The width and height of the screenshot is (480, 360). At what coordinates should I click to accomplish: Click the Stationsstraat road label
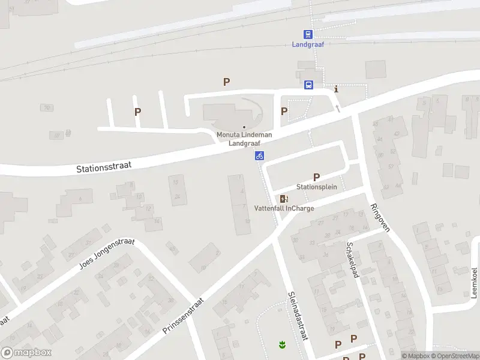pyautogui.click(x=104, y=166)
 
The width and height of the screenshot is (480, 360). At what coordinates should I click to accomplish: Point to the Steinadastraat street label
pyautogui.click(x=298, y=316)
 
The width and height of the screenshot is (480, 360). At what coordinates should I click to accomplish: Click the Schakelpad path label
pyautogui.click(x=352, y=260)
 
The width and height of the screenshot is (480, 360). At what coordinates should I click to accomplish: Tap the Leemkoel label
pyautogui.click(x=474, y=283)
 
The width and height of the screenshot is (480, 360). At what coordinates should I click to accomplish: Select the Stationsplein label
pyautogui.click(x=317, y=187)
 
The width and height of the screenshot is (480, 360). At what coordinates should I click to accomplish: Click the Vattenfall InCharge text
pyautogui.click(x=284, y=208)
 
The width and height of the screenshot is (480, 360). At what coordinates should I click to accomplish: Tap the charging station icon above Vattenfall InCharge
pyautogui.click(x=284, y=199)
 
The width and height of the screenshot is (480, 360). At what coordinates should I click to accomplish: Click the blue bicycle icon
pyautogui.click(x=259, y=156)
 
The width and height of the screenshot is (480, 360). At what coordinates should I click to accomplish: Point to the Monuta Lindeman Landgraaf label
pyautogui.click(x=244, y=139)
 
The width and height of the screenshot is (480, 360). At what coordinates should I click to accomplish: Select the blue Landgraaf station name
pyautogui.click(x=308, y=44)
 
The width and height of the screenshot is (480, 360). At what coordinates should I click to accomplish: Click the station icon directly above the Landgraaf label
pyautogui.click(x=308, y=35)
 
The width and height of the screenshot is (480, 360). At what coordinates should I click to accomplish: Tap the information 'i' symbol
pyautogui.click(x=336, y=89)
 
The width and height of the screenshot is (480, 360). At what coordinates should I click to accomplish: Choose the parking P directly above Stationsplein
pyautogui.click(x=316, y=176)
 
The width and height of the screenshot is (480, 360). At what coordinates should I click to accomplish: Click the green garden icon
pyautogui.click(x=280, y=344)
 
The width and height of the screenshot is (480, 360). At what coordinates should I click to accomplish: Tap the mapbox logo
pyautogui.click(x=26, y=353)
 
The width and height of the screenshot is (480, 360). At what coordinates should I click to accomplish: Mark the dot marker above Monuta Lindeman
pyautogui.click(x=244, y=127)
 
